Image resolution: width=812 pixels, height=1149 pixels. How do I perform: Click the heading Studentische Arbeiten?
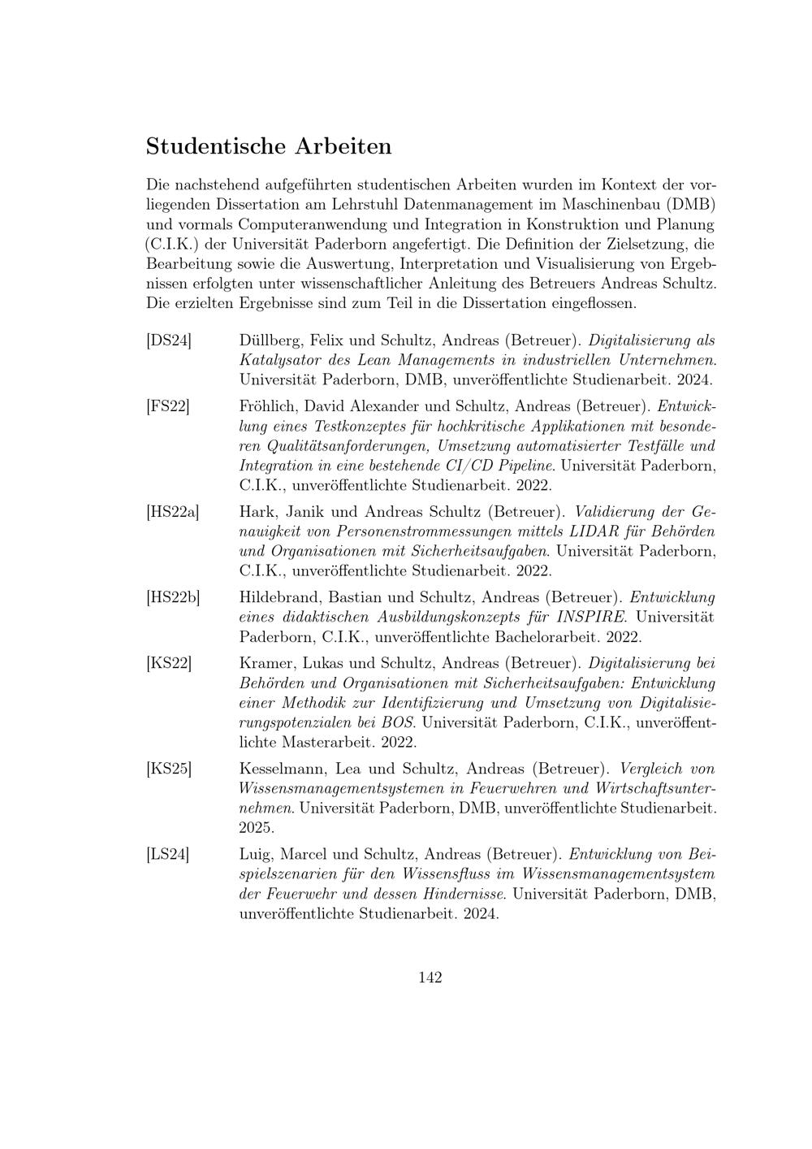269,147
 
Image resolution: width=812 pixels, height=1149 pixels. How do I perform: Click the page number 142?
430,978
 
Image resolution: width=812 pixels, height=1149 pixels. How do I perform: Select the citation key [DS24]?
169,340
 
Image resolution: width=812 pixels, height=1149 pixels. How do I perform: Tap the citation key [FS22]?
168,406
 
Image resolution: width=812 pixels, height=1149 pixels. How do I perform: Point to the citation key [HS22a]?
172,513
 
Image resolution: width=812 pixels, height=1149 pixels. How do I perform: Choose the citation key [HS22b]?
173,598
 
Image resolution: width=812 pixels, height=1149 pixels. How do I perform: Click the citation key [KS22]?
169,663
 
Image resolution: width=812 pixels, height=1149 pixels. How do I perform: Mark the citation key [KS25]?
169,769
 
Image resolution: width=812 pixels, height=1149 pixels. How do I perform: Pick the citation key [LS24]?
168,855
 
